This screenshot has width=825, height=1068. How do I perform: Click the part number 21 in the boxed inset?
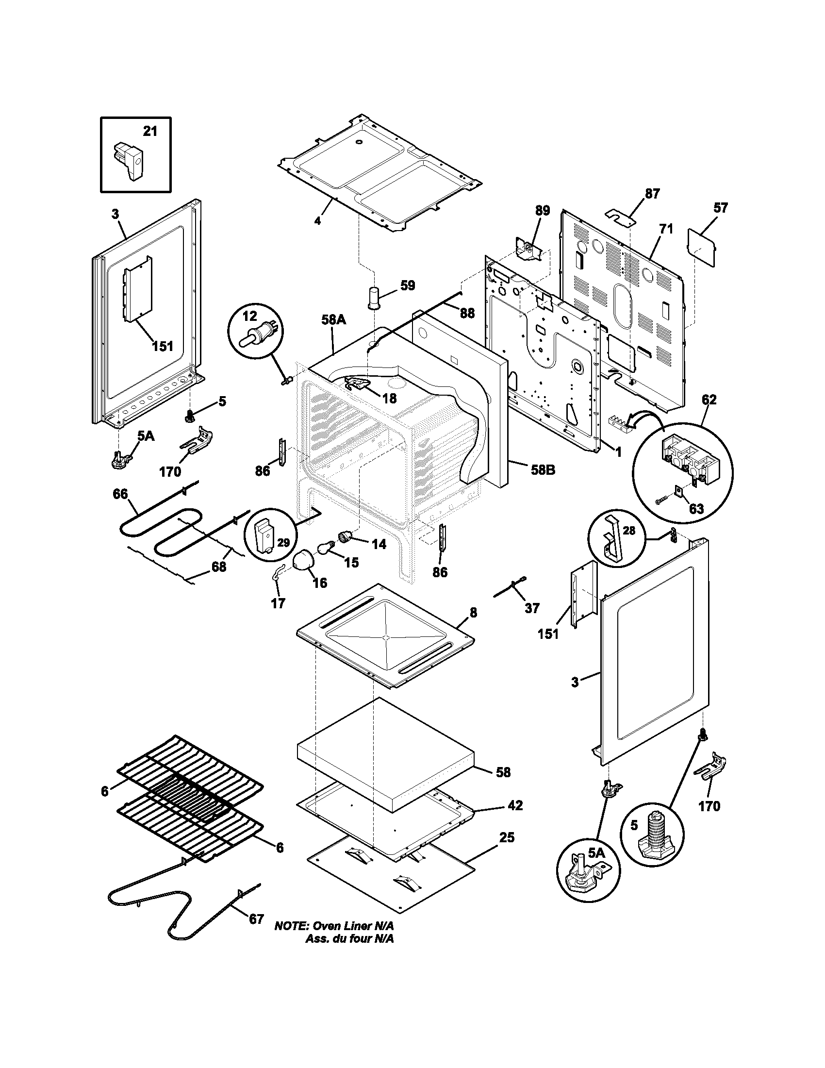pyautogui.click(x=150, y=131)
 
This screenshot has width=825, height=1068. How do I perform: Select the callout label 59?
pyautogui.click(x=408, y=285)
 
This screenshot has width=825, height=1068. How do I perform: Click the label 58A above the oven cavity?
pyautogui.click(x=334, y=320)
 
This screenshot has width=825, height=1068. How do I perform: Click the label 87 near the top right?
pyautogui.click(x=652, y=194)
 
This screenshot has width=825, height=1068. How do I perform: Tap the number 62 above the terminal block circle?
pyautogui.click(x=709, y=400)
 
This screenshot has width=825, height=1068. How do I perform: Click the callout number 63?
pyautogui.click(x=696, y=509)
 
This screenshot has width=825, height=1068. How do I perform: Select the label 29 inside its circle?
pyautogui.click(x=283, y=542)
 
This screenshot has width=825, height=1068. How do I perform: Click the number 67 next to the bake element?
pyautogui.click(x=257, y=919)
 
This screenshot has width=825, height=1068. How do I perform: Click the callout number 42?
pyautogui.click(x=515, y=805)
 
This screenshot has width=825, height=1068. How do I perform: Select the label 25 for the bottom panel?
pyautogui.click(x=507, y=837)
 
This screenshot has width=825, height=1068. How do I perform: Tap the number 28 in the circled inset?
pyautogui.click(x=629, y=530)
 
